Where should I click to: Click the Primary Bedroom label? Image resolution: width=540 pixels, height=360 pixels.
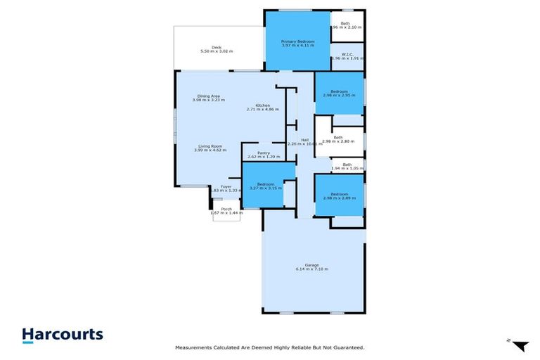297,42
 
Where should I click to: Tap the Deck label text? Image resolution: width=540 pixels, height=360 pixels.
217,47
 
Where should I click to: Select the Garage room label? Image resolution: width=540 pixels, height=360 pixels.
311,264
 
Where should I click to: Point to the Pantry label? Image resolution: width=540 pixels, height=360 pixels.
264,153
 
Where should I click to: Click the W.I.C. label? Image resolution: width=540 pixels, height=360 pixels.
347,54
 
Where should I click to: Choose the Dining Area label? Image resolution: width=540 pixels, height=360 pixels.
208,96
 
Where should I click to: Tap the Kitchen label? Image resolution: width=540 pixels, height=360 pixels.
263,105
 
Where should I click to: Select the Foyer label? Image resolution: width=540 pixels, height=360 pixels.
226,186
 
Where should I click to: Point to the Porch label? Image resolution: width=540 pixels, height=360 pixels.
226,209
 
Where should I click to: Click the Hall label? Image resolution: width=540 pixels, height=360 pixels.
304,140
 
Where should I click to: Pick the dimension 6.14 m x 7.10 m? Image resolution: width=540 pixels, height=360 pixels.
311,269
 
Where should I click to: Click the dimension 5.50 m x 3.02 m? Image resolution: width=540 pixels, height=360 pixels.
217,52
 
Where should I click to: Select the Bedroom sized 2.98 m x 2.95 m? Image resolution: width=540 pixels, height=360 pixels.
339,91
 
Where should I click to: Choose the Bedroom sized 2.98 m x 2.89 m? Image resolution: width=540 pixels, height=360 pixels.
339,194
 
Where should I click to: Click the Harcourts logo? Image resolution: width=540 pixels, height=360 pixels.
62,335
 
